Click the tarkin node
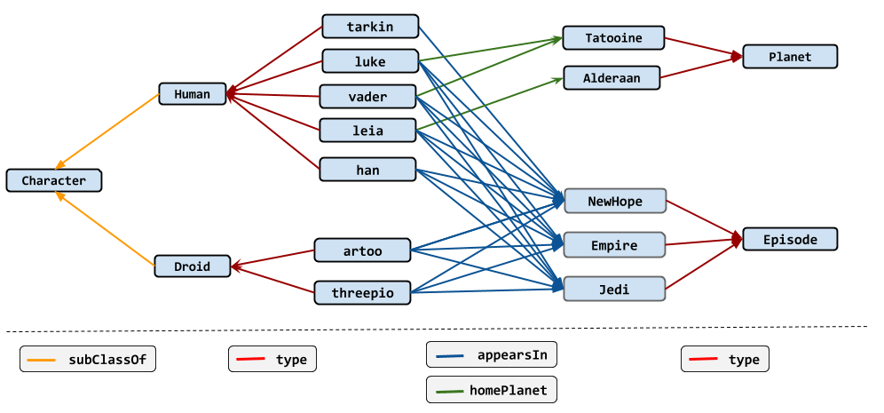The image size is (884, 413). [x=370, y=27]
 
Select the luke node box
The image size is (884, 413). [x=370, y=61]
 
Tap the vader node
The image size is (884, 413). [x=367, y=96]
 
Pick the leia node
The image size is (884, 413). [x=367, y=131]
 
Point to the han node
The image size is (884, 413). [x=367, y=170]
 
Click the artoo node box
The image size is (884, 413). [x=362, y=250]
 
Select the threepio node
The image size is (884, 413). [x=362, y=292]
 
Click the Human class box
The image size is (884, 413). [x=193, y=94]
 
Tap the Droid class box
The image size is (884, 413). [x=193, y=266]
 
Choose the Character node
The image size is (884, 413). [x=54, y=180]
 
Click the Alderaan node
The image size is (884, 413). [x=612, y=77]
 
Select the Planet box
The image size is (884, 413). [x=790, y=57]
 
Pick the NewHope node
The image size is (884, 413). [x=614, y=201]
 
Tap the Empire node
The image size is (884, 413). [x=614, y=244]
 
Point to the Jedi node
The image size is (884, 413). [x=614, y=288]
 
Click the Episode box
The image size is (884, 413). [x=790, y=239]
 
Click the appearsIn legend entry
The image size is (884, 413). [x=493, y=355]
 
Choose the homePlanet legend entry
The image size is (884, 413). [x=493, y=389]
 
